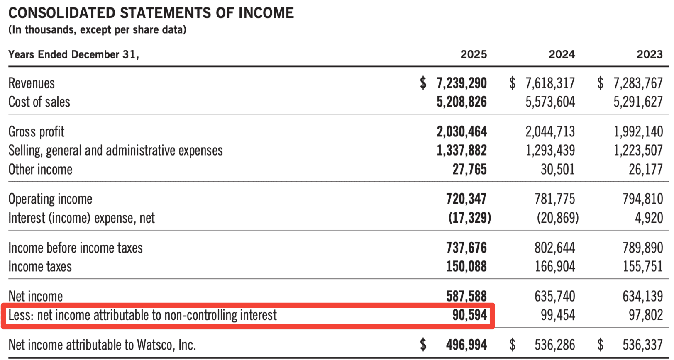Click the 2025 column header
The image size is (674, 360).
(x=474, y=54)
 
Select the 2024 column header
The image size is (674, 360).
(x=562, y=54)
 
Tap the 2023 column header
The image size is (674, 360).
(x=650, y=54)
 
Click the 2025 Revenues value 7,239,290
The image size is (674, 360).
(x=462, y=83)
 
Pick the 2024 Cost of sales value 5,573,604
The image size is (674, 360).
(x=550, y=102)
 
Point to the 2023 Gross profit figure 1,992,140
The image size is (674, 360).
(x=638, y=132)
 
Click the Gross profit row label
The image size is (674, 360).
(x=36, y=132)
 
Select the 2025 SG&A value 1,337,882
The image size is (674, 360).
(x=462, y=151)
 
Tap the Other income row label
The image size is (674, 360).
(x=40, y=169)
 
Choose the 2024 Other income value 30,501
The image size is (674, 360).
(x=557, y=169)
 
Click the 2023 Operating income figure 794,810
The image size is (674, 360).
(x=643, y=199)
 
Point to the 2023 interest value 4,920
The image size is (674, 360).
(x=649, y=218)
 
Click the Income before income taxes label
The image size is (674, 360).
(x=76, y=248)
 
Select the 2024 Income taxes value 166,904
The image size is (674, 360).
(x=554, y=266)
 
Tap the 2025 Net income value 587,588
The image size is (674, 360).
(x=466, y=296)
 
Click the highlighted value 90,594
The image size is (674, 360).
(x=469, y=315)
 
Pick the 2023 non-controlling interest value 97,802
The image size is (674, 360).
(x=646, y=315)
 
